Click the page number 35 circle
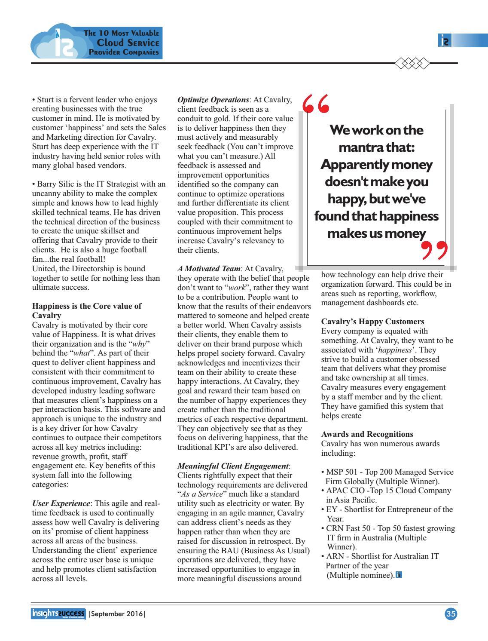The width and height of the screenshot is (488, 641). click(451, 614)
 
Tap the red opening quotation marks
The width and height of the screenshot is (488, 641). click(316, 104)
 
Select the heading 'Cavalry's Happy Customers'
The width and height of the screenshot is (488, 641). click(372, 322)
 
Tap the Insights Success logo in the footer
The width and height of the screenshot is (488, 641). click(58, 613)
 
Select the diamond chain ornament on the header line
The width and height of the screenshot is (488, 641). click(412, 64)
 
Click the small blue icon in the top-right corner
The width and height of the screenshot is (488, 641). click(445, 41)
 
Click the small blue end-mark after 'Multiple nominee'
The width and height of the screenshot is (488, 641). click(399, 575)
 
